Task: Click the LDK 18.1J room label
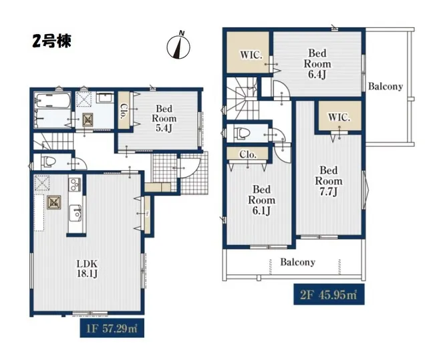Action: [x=86, y=268]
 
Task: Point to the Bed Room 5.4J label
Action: [x=165, y=118]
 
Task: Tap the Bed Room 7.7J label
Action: [x=329, y=181]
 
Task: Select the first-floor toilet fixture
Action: [x=48, y=162]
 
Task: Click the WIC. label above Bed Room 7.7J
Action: [x=338, y=117]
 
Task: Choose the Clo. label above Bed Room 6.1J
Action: [x=248, y=154]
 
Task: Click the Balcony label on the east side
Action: [x=386, y=86]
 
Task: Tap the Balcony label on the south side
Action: [x=297, y=262]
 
